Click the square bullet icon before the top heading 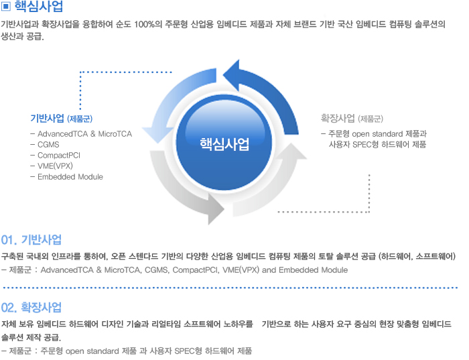(5, 6)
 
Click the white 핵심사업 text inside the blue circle (224, 144)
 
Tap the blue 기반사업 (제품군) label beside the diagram (62, 119)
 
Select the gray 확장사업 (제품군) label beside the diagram (352, 119)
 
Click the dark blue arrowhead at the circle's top (232, 75)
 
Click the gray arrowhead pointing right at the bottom (216, 208)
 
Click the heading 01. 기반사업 (31, 240)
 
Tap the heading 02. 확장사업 (31, 308)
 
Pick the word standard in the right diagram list (388, 134)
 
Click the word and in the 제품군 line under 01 (269, 270)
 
